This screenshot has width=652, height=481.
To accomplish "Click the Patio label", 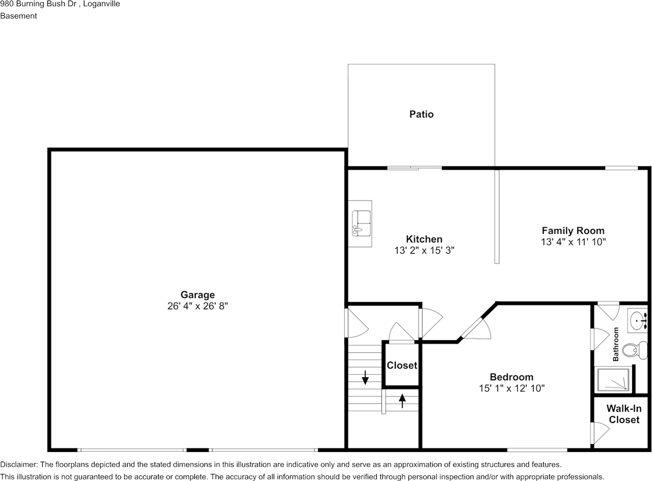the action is click(421, 114).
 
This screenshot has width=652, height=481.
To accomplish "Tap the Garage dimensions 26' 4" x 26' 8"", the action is click(198, 306).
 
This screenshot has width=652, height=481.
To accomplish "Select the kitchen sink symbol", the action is click(361, 223).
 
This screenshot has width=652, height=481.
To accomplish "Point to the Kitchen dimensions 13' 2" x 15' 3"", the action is click(424, 250).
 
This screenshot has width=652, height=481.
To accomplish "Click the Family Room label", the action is click(573, 231).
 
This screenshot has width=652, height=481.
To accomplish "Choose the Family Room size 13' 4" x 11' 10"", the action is click(573, 242).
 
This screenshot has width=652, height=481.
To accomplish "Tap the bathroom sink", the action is click(638, 320).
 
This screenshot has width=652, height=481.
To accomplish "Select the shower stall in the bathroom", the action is click(613, 379).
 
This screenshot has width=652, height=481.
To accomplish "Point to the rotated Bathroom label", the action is click(615, 344).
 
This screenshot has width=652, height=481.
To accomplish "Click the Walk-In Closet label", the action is click(624, 414).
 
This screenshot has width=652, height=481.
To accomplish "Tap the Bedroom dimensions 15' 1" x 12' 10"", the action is click(511, 388).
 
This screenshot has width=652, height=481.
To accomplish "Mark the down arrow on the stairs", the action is click(365, 378).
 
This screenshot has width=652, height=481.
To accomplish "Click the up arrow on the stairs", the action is click(402, 401).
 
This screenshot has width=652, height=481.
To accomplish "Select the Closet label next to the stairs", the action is click(402, 365).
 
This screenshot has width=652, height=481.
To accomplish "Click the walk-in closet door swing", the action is click(600, 433).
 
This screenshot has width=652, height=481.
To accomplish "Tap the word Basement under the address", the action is click(18, 16).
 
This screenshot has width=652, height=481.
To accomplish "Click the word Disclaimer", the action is click(19, 465).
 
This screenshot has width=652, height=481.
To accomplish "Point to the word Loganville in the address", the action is click(101, 4).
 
